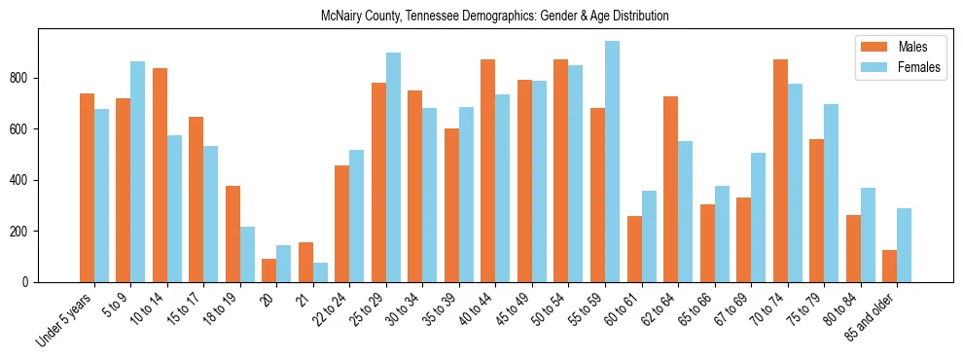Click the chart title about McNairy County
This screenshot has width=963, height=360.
pyautogui.click(x=495, y=17)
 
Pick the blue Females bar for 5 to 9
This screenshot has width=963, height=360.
pyautogui.click(x=138, y=171)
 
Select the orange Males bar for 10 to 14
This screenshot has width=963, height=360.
pyautogui.click(x=160, y=175)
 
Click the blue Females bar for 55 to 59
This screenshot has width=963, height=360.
pyautogui.click(x=613, y=162)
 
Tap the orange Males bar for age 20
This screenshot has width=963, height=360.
pyautogui.click(x=269, y=270)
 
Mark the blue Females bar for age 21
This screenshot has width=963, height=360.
pyautogui.click(x=321, y=272)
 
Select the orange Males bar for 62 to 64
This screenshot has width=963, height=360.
pyautogui.click(x=671, y=189)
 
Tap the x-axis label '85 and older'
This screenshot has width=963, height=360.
pyautogui.click(x=874, y=315)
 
